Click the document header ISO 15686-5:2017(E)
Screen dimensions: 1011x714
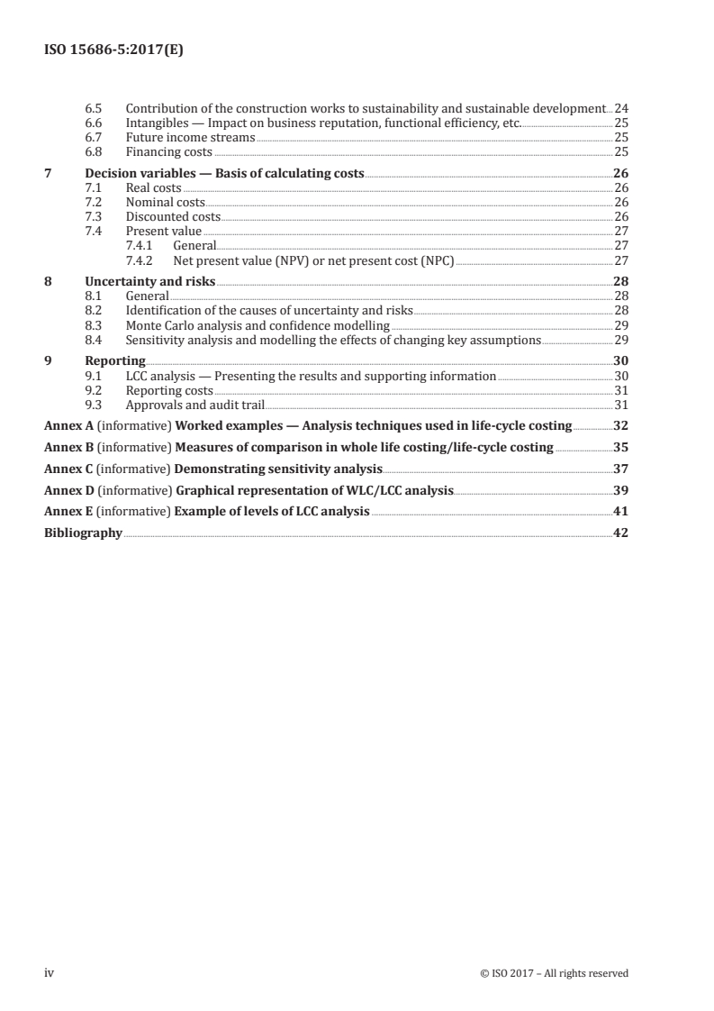pos(114,51)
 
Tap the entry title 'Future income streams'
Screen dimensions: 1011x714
pos(190,138)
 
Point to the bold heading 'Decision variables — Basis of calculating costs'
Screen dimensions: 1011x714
pos(224,173)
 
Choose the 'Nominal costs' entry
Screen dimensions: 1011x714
pos(165,202)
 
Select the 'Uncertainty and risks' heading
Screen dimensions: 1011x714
pos(149,281)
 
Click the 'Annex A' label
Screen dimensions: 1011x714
pos(68,425)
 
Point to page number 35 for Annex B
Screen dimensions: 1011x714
pos(620,447)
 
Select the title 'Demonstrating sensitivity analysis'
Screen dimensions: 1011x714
pos(278,469)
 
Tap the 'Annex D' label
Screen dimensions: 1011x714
pos(68,490)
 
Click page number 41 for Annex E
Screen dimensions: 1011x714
pos(620,512)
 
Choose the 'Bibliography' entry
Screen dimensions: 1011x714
pos(83,533)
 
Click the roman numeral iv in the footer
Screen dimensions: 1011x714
pos(50,973)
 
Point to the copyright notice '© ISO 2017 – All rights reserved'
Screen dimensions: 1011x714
pos(555,973)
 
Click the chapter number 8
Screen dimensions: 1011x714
pos(48,281)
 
